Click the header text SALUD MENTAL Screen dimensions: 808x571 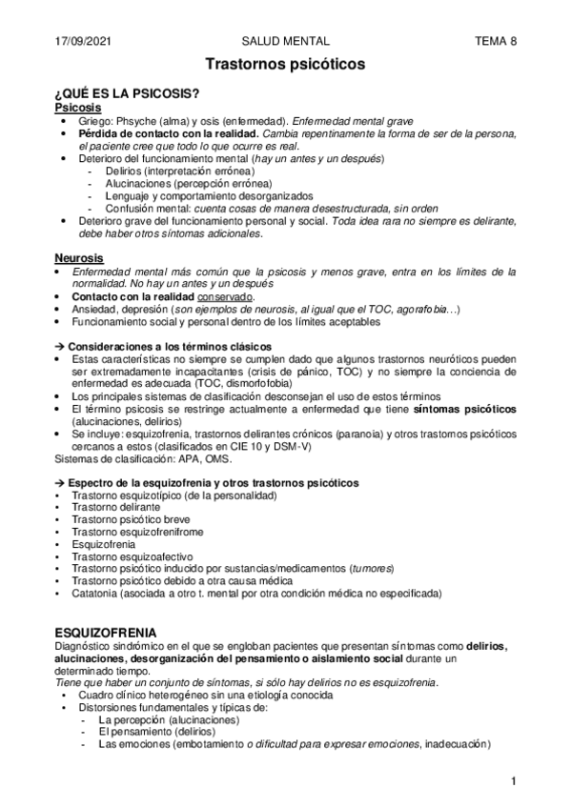tap(287, 41)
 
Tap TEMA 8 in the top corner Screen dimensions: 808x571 tap(496, 41)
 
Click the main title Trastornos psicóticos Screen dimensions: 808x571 tap(286, 65)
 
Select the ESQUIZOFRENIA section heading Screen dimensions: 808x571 tap(107, 633)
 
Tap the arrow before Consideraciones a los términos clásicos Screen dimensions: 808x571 tap(60, 345)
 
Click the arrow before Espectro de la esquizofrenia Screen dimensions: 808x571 tap(60, 483)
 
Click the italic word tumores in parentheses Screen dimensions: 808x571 tap(371, 568)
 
